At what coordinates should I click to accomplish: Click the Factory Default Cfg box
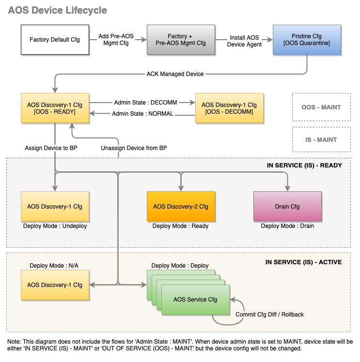pyautogui.click(x=55, y=40)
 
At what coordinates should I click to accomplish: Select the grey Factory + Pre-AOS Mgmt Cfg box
pyautogui.click(x=181, y=40)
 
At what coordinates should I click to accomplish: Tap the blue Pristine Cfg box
pyautogui.click(x=307, y=40)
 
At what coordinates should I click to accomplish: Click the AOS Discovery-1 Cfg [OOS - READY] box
pyautogui.click(x=55, y=108)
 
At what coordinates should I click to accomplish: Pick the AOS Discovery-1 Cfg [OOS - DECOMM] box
pyautogui.click(x=229, y=108)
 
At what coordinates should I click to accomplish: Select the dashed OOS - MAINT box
pyautogui.click(x=321, y=107)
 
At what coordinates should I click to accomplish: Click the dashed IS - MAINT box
pyautogui.click(x=321, y=139)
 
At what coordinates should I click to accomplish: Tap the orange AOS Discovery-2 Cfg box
pyautogui.click(x=181, y=207)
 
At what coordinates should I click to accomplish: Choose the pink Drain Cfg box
pyautogui.click(x=287, y=207)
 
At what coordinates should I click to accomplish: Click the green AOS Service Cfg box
pyautogui.click(x=195, y=299)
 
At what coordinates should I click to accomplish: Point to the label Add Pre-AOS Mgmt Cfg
pyautogui.click(x=116, y=40)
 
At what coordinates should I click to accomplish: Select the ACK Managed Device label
pyautogui.click(x=175, y=74)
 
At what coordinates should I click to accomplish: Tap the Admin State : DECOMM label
pyautogui.click(x=145, y=103)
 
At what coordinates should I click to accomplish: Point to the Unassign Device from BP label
pyautogui.click(x=134, y=148)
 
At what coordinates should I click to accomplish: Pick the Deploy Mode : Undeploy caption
pyautogui.click(x=55, y=226)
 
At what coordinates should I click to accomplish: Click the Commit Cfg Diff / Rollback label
pyautogui.click(x=269, y=315)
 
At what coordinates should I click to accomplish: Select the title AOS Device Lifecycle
pyautogui.click(x=58, y=10)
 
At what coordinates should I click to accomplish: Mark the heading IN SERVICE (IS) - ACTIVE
pyautogui.click(x=303, y=262)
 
